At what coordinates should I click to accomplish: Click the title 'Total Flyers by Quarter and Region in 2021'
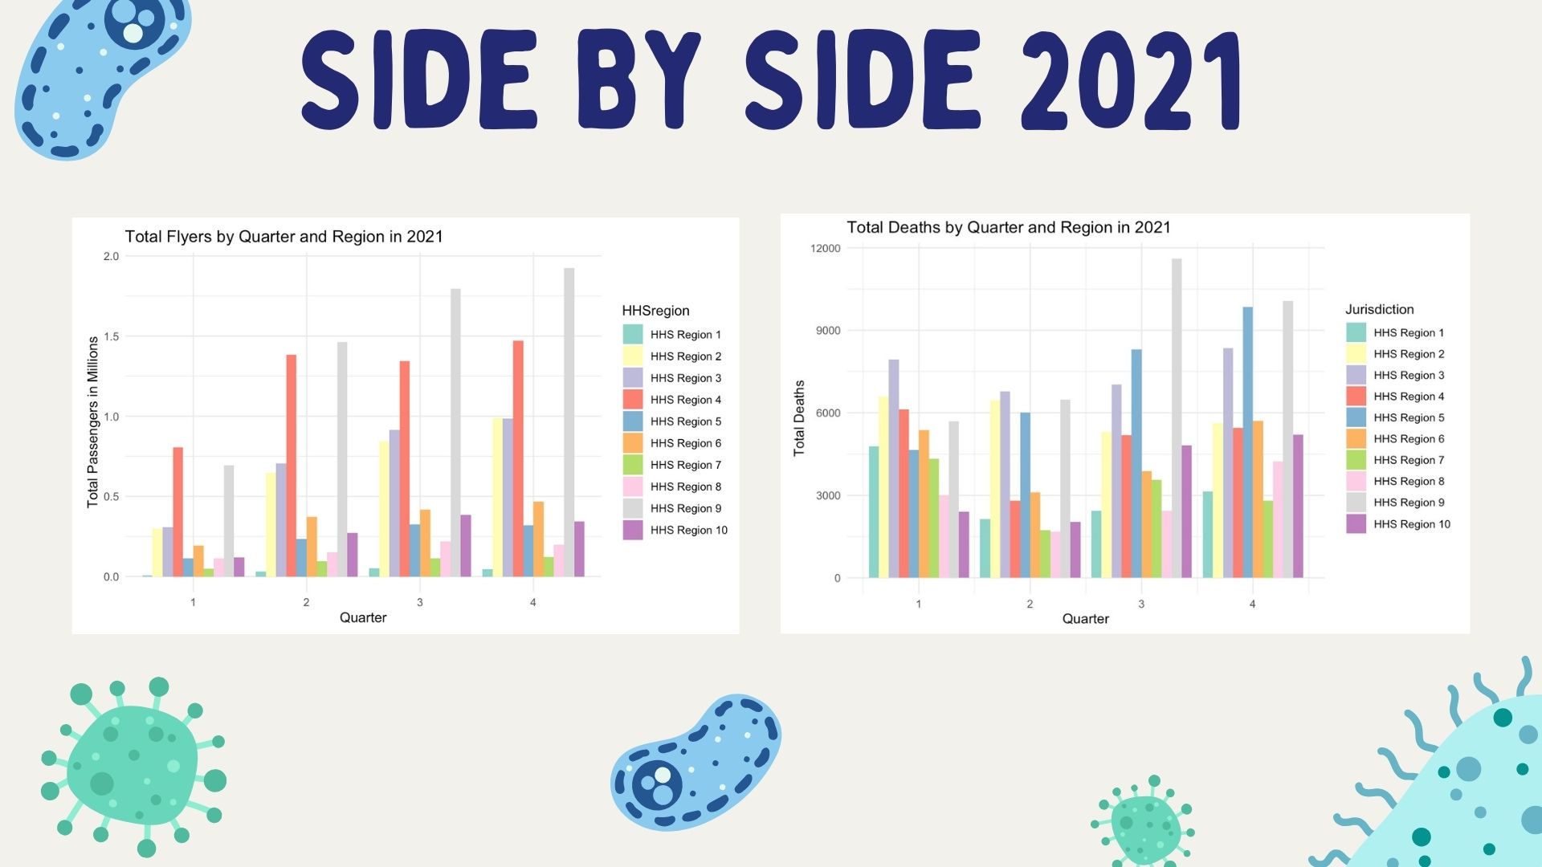(284, 237)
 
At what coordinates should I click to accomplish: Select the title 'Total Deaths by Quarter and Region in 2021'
(1008, 228)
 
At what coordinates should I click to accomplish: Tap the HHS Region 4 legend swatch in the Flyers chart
(633, 399)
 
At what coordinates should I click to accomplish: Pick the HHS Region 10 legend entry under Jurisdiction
(1398, 524)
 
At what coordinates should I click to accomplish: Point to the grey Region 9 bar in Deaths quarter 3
(1177, 417)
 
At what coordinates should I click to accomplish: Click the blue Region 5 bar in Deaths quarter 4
(1247, 442)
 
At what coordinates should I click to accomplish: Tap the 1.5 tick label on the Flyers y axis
(111, 336)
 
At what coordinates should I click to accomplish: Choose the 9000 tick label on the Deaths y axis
(827, 331)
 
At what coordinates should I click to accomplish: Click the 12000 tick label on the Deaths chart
(826, 249)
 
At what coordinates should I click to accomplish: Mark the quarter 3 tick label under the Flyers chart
(419, 602)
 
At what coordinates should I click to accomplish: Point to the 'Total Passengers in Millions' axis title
(93, 421)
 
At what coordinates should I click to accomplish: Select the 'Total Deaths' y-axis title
(799, 418)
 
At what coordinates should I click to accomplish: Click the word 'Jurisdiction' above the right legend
(1379, 310)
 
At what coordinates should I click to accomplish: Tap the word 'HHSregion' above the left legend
(655, 311)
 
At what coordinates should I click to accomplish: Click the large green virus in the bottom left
(133, 767)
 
